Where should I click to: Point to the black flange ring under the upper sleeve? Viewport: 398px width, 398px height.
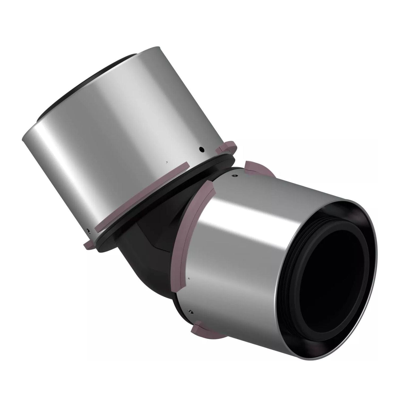click(170, 196)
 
